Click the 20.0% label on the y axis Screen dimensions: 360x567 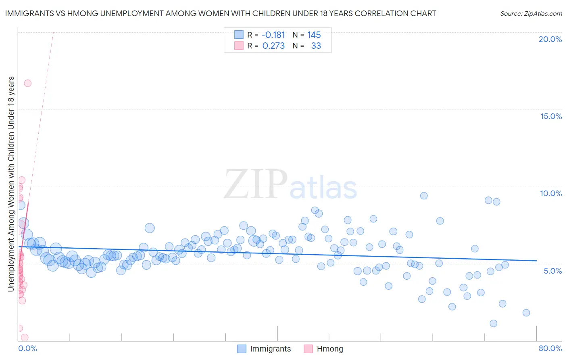pyautogui.click(x=550, y=39)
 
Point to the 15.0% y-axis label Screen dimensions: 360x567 pyautogui.click(x=551, y=116)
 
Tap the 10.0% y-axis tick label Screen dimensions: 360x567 pyautogui.click(x=551, y=193)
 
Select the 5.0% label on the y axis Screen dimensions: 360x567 pyautogui.click(x=552, y=271)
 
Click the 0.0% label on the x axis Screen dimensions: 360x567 pyautogui.click(x=27, y=348)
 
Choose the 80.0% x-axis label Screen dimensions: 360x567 pyautogui.click(x=550, y=348)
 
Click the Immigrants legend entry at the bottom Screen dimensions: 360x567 pyautogui.click(x=264, y=349)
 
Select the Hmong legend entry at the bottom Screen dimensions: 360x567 pyautogui.click(x=324, y=349)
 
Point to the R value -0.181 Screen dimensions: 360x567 pyautogui.click(x=273, y=35)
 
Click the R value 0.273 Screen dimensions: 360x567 pyautogui.click(x=273, y=46)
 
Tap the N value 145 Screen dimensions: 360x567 pyautogui.click(x=314, y=35)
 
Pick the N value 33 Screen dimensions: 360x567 pyautogui.click(x=316, y=46)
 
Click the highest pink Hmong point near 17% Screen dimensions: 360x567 pyautogui.click(x=27, y=83)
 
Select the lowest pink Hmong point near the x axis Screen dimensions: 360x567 pyautogui.click(x=25, y=337)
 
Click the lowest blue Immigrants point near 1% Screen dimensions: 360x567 pyautogui.click(x=493, y=323)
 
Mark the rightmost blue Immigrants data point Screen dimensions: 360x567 pyautogui.click(x=526, y=313)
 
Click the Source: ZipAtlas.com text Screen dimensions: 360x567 pyautogui.click(x=531, y=14)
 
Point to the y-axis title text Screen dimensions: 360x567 pyautogui.click(x=11, y=184)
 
